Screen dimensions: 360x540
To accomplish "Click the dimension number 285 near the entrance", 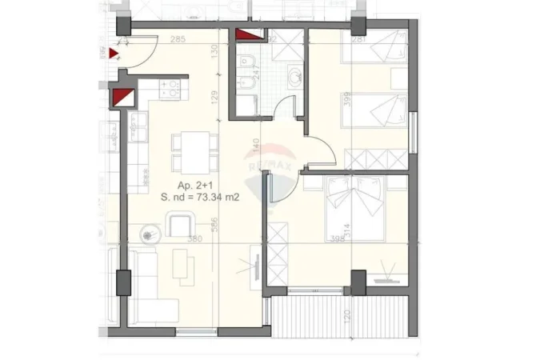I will pyautogui.click(x=178, y=39).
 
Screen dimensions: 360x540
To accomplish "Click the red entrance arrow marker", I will pyautogui.click(x=114, y=54).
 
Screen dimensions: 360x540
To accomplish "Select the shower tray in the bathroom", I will pyautogui.click(x=282, y=48).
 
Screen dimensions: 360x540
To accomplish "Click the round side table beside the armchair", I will pyautogui.click(x=150, y=234).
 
